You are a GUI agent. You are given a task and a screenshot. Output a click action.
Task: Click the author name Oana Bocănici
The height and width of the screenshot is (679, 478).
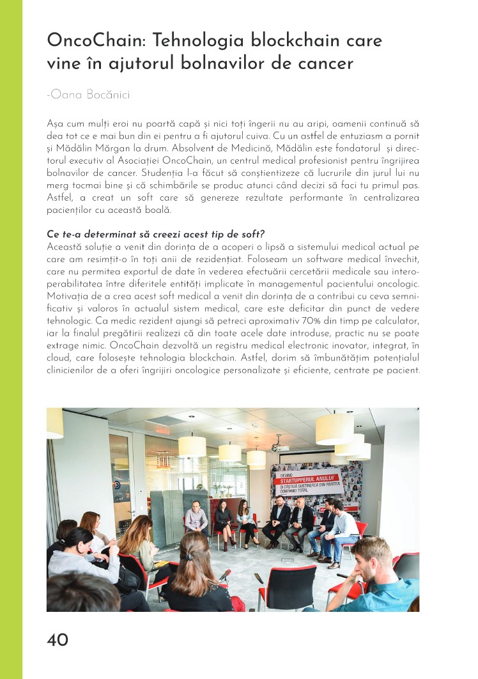[89, 95]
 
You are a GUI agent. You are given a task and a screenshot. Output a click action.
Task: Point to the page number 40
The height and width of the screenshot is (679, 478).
[58, 640]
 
